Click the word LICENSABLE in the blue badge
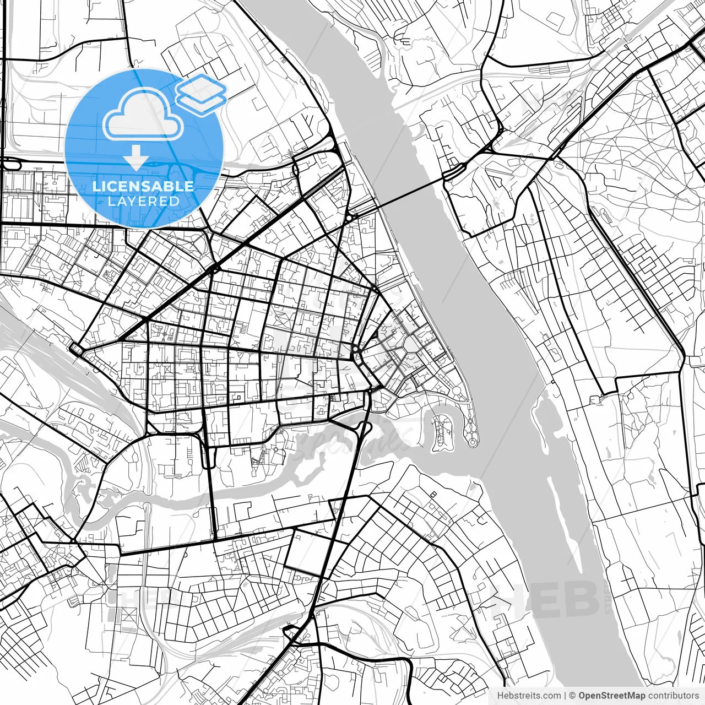click(x=143, y=186)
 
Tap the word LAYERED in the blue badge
click(x=143, y=202)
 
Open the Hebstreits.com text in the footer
click(x=529, y=696)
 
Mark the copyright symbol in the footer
click(x=572, y=696)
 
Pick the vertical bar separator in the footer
click(x=565, y=696)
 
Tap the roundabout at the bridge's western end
click(x=349, y=218)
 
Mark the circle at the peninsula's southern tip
click(x=473, y=441)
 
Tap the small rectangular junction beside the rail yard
click(x=75, y=348)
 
